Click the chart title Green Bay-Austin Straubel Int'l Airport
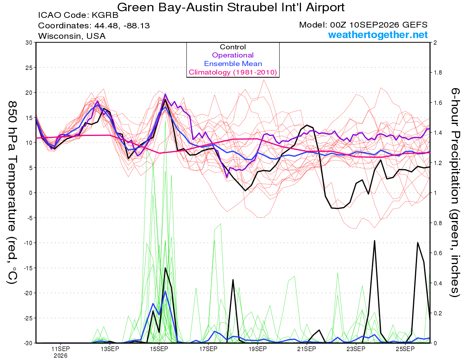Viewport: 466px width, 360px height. (x=231, y=7)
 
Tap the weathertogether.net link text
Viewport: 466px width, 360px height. (x=378, y=35)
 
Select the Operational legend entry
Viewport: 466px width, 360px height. (x=233, y=55)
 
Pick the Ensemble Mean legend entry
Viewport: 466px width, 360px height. (x=233, y=64)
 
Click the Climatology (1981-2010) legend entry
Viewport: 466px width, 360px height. (x=233, y=72)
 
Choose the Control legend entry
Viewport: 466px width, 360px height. (x=233, y=47)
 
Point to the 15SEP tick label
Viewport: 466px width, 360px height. (x=159, y=349)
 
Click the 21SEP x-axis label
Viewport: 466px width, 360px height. (x=307, y=349)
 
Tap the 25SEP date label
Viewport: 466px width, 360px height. (x=405, y=349)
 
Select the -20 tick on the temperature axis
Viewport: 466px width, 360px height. (x=28, y=293)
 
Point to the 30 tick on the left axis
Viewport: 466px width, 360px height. (x=29, y=43)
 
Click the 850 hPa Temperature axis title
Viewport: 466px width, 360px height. (x=12, y=193)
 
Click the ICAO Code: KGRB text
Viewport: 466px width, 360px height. (x=78, y=15)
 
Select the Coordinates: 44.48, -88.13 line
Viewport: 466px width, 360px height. (x=94, y=26)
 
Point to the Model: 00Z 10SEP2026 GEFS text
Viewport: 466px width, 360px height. (x=363, y=25)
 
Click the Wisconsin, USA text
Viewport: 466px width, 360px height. (x=72, y=36)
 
